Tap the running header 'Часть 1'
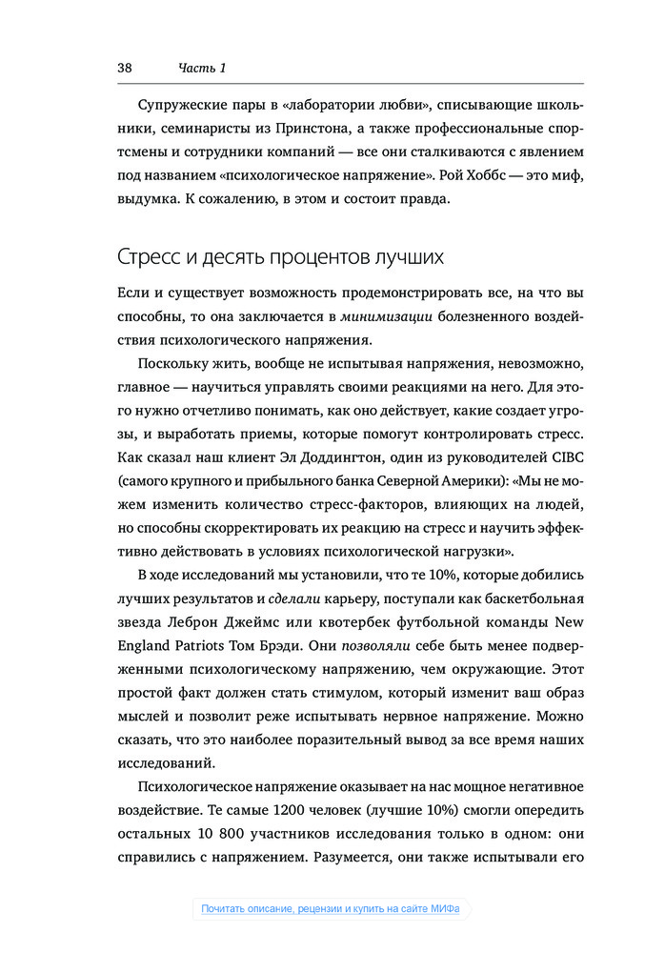(202, 68)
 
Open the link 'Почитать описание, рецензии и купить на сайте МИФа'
(331, 909)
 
